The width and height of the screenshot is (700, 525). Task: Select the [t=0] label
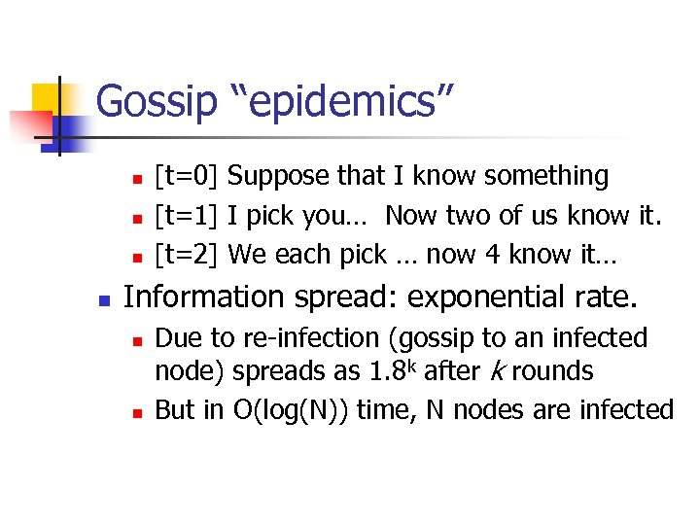pos(191,176)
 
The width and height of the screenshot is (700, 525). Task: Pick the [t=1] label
pos(191,215)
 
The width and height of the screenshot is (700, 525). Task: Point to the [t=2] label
pos(191,255)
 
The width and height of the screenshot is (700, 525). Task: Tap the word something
pos(546,176)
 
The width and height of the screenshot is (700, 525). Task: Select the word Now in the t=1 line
pos(412,215)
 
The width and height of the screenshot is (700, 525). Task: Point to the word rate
pos(608,296)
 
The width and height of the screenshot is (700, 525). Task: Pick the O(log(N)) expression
pos(292,410)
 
